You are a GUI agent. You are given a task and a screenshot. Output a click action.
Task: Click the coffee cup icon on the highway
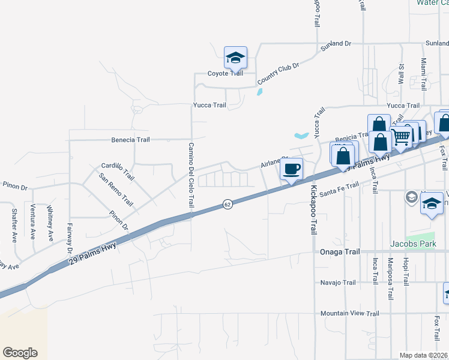click(292, 169)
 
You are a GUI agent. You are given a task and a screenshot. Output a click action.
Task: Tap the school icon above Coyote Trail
click(235, 58)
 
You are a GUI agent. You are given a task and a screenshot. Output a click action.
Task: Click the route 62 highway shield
click(227, 205)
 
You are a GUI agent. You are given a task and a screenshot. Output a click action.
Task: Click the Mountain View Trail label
click(349, 314)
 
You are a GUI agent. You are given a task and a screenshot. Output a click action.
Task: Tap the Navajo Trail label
click(339, 283)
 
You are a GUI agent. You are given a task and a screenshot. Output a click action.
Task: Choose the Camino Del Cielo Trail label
click(191, 175)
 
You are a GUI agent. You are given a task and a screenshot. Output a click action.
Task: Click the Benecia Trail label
click(130, 140)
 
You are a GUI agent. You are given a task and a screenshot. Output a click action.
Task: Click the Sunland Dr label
click(336, 44)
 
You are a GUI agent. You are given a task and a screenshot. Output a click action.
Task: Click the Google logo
click(20, 353)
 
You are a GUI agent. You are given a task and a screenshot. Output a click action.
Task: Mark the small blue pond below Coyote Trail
click(259, 92)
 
